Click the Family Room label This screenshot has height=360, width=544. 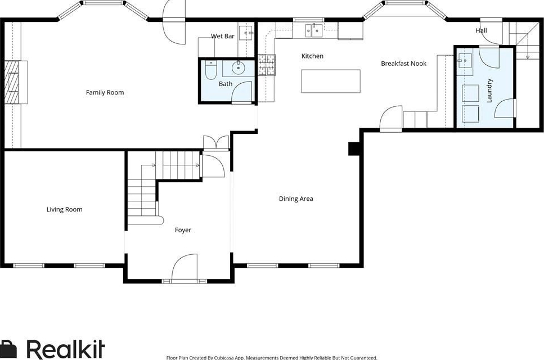point(105,92)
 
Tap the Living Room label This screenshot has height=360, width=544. point(65,209)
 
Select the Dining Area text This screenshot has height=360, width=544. point(296,199)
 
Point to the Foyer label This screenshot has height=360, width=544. point(183,230)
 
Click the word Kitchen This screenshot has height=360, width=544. point(312,56)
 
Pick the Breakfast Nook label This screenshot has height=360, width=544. point(403,64)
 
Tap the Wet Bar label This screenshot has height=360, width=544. point(222,36)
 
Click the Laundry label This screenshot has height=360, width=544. point(489,91)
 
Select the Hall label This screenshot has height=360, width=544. point(481,30)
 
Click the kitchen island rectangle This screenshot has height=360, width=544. point(331,81)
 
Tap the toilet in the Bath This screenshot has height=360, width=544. point(210,70)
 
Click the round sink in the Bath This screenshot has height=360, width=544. point(239,67)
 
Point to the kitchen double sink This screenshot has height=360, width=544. point(314,30)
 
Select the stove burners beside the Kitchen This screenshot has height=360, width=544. point(267,65)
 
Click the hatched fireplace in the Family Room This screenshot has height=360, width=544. point(11,82)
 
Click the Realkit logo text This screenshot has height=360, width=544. point(66,349)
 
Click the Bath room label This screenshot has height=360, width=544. point(226,84)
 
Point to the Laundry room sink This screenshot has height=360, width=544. point(464,60)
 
